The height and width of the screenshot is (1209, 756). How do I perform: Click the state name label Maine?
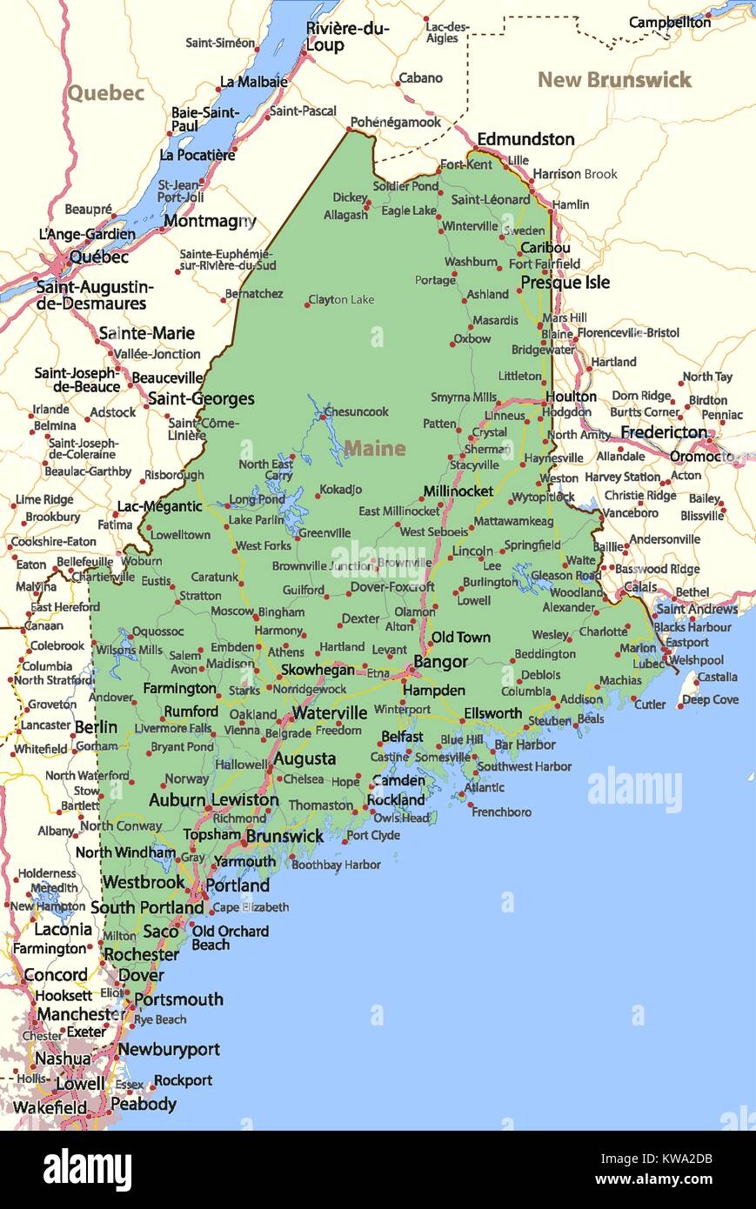point(374,448)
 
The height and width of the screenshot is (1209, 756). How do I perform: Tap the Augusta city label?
point(304,758)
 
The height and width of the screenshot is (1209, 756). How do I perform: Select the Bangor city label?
point(440,662)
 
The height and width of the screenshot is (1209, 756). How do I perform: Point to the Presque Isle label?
point(565,282)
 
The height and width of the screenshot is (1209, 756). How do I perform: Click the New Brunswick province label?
point(614,80)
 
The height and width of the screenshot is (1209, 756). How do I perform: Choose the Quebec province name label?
point(105,93)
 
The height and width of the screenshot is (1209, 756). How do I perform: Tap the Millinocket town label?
point(458,491)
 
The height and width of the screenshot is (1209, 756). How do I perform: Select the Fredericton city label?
point(664,432)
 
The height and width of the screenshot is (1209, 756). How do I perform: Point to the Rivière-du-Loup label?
point(347,37)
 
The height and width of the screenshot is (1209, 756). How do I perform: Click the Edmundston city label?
point(525,139)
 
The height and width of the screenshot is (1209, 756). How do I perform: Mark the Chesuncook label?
point(356,411)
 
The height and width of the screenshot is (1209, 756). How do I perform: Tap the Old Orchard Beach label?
point(230,938)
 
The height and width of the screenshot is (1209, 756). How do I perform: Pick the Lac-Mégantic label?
point(160,506)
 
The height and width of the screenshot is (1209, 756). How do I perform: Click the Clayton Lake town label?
point(341,300)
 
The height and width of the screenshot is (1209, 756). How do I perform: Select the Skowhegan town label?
point(317,670)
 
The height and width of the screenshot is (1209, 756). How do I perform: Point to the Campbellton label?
point(669,23)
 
